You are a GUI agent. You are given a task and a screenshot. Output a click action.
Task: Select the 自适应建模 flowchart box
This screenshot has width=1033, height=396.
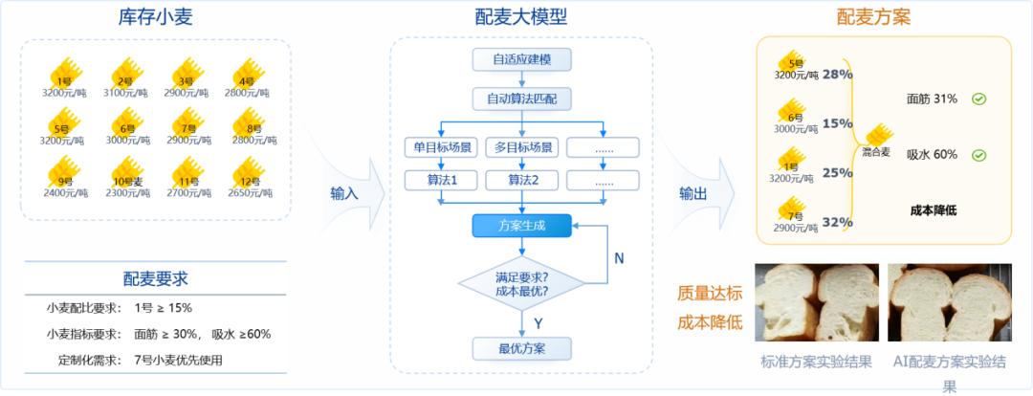pyautogui.click(x=521, y=59)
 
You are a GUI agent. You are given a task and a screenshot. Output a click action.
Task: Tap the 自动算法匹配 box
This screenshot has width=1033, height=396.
pyautogui.click(x=521, y=99)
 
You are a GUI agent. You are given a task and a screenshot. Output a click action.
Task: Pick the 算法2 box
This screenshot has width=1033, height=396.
pyautogui.click(x=521, y=180)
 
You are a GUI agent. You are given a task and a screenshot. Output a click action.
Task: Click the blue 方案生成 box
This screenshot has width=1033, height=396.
pyautogui.click(x=521, y=226)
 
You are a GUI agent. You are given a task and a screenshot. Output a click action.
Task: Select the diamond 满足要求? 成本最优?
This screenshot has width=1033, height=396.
pyautogui.click(x=521, y=283)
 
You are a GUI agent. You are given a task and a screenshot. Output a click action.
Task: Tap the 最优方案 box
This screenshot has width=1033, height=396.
pyautogui.click(x=521, y=347)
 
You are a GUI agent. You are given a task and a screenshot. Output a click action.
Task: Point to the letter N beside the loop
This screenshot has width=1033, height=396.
pyautogui.click(x=619, y=257)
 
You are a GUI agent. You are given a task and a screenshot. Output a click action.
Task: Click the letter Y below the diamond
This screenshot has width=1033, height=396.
pyautogui.click(x=538, y=322)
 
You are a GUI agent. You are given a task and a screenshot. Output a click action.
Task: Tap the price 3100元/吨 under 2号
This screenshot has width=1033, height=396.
pyautogui.click(x=124, y=93)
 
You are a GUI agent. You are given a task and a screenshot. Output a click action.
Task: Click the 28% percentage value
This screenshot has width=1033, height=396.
pyautogui.click(x=837, y=74)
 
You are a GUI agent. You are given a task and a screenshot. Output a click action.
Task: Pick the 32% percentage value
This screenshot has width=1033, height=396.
pyautogui.click(x=837, y=223)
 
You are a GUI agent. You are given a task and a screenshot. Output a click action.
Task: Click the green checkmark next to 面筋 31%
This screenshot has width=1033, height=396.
pyautogui.click(x=978, y=99)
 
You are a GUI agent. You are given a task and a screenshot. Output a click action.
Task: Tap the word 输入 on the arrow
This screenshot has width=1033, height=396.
pyautogui.click(x=343, y=192)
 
